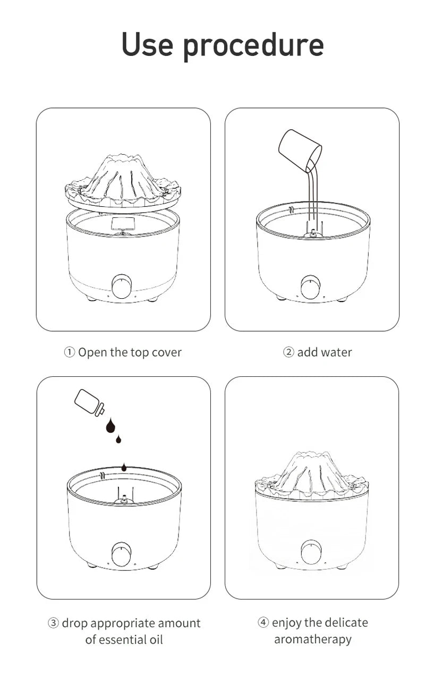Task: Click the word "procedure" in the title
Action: (x=253, y=46)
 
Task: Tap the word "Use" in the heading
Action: (x=147, y=44)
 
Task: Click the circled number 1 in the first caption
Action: (x=70, y=352)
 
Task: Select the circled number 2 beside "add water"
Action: (x=288, y=352)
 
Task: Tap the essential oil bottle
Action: (x=89, y=402)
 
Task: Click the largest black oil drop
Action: (x=110, y=425)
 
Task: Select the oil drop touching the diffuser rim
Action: (x=124, y=467)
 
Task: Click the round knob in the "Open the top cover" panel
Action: (x=122, y=286)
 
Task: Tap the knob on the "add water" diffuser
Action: (x=311, y=287)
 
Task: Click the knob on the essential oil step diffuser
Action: (x=122, y=554)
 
